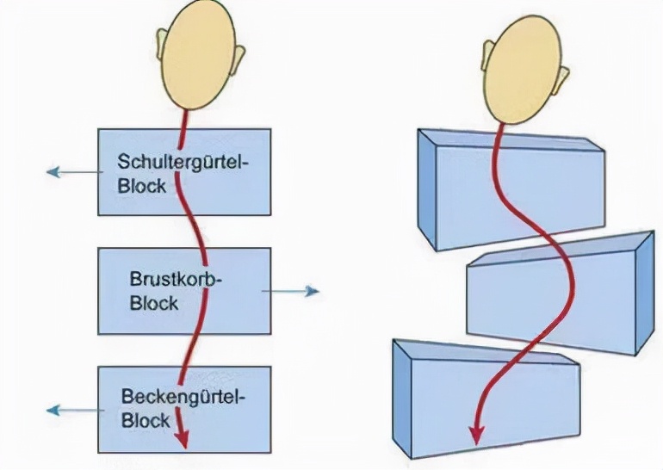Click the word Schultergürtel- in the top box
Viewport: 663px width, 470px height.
click(x=183, y=160)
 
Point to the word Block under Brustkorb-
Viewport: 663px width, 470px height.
click(x=154, y=303)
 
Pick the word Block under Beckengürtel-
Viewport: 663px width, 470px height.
click(x=146, y=422)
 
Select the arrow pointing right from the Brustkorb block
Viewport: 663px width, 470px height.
click(x=292, y=291)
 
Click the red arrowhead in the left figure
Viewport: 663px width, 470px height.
click(x=183, y=436)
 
